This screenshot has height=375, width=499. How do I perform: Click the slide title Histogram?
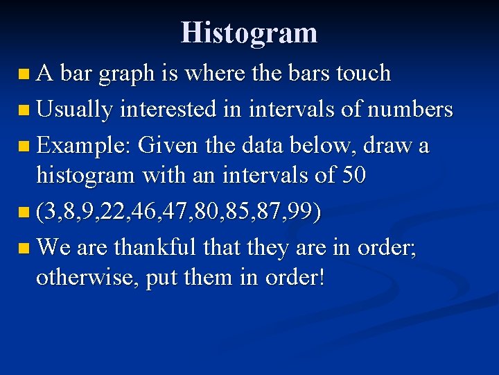pos(249,33)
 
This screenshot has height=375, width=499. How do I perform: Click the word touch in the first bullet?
pos(364,73)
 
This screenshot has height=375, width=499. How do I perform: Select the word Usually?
pos(74,110)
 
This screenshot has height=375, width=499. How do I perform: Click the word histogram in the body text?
pos(87,176)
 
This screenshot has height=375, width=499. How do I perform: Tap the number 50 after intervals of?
pos(353,175)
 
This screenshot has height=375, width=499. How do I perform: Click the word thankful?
pos(157,247)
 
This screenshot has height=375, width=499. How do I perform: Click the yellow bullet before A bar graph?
pos(24,74)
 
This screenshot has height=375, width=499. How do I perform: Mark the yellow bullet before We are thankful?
pos(24,247)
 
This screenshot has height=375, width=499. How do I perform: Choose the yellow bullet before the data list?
pos(24,212)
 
